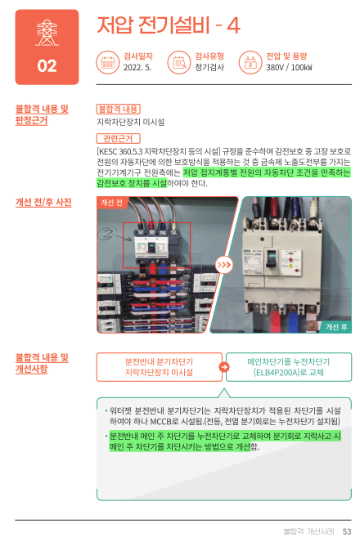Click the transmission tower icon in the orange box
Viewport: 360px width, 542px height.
[47, 34]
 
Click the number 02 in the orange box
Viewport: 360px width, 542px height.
[47, 65]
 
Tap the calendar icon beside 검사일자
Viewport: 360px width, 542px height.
[107, 63]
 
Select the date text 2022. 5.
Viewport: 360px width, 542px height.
[137, 67]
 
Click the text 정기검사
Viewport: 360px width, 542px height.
[209, 67]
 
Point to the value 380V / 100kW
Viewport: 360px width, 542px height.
[289, 67]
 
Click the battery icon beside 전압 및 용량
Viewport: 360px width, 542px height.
[250, 63]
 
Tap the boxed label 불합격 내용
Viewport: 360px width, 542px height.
[119, 110]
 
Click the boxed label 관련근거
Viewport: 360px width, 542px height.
[119, 139]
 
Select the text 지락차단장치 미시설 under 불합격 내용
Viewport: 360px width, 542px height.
[131, 122]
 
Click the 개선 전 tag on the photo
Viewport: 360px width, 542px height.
[112, 203]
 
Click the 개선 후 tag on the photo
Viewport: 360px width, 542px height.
[336, 327]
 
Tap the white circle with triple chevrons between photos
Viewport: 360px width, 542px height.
[223, 265]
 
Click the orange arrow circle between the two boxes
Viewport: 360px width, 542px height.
[224, 367]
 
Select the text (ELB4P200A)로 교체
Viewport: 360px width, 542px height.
[289, 372]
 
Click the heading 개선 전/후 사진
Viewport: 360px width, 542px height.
[43, 203]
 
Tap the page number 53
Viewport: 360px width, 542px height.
[347, 531]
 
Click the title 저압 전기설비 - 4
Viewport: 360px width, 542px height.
[169, 25]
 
